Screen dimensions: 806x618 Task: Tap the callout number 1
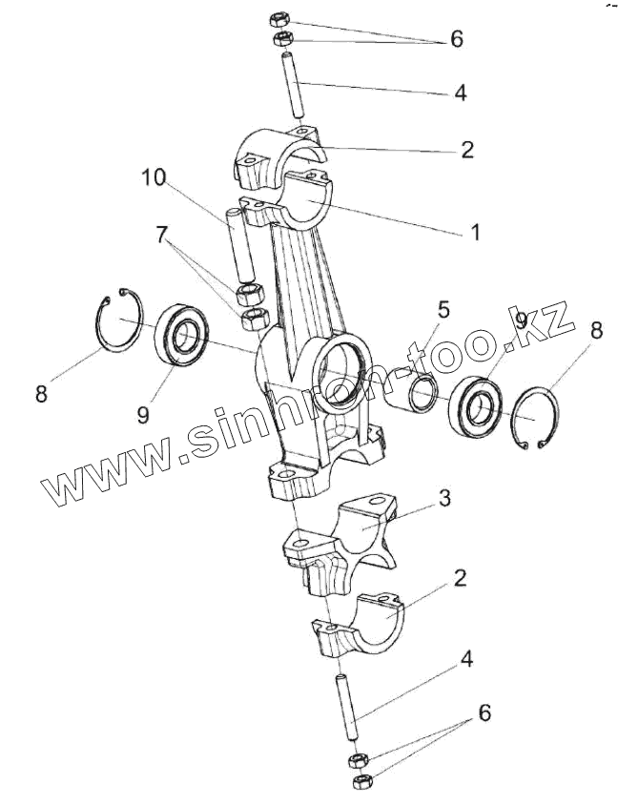click(474, 232)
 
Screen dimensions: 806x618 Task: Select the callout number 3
click(443, 498)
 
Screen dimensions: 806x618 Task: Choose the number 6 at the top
click(456, 40)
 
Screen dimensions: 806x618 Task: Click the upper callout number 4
click(461, 93)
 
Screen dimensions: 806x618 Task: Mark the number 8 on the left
click(41, 393)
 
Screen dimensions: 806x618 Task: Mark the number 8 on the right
click(596, 331)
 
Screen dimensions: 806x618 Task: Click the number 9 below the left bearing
click(142, 415)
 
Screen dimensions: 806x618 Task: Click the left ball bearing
click(182, 334)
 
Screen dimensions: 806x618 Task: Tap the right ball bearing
click(477, 408)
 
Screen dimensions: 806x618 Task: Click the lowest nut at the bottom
click(361, 781)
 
